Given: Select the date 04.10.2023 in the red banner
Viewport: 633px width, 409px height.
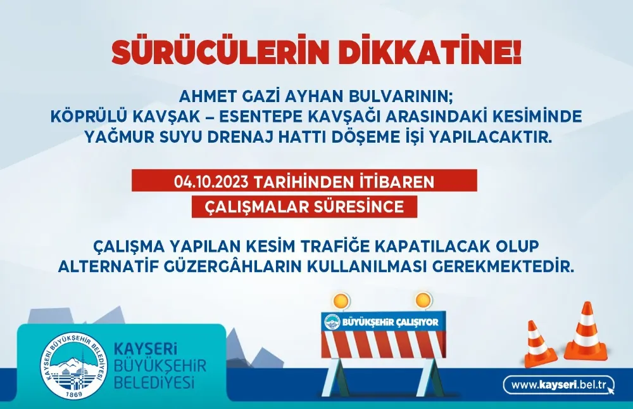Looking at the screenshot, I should point(211,182).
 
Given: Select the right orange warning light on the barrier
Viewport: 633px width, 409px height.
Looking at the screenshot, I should point(422,299).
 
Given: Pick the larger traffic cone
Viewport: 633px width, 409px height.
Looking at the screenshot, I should point(586,332).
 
